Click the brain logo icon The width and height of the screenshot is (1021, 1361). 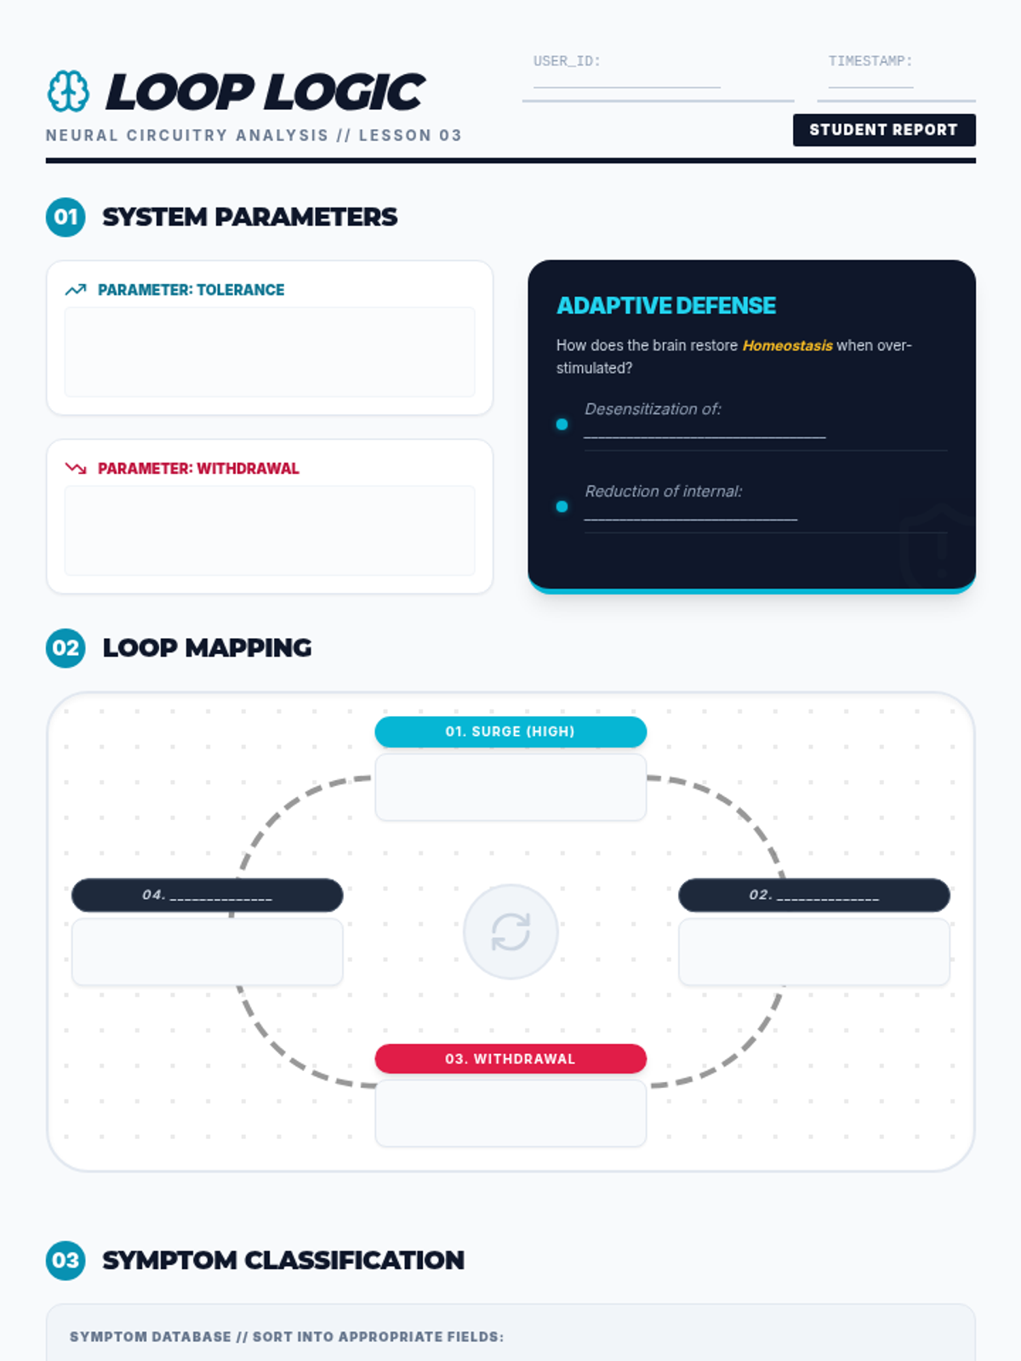pyautogui.click(x=68, y=91)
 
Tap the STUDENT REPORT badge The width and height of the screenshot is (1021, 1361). pyautogui.click(x=884, y=130)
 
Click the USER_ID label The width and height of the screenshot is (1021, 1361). pyautogui.click(x=567, y=61)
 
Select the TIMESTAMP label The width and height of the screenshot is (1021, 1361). pyautogui.click(x=870, y=61)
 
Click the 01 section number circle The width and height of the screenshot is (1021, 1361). pyautogui.click(x=66, y=217)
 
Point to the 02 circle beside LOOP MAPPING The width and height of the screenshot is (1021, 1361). pyautogui.click(x=66, y=648)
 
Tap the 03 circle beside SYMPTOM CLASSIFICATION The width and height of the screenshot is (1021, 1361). pyautogui.click(x=66, y=1260)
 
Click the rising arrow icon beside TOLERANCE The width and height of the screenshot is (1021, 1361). pyautogui.click(x=76, y=290)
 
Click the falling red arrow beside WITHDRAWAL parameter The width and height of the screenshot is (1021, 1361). pyautogui.click(x=76, y=469)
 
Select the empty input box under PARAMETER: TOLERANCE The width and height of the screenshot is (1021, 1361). pyautogui.click(x=270, y=352)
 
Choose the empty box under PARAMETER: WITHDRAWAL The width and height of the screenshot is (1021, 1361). pyautogui.click(x=270, y=531)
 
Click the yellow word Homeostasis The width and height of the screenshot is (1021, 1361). pyautogui.click(x=787, y=345)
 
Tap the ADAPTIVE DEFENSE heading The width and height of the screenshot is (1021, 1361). pyautogui.click(x=666, y=305)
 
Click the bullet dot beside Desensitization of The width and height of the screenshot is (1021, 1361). pyautogui.click(x=562, y=424)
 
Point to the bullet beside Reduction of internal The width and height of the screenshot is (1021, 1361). pyautogui.click(x=562, y=507)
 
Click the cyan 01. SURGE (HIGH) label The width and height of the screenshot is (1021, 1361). pyautogui.click(x=510, y=732)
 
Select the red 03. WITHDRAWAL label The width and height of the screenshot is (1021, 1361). pyautogui.click(x=510, y=1059)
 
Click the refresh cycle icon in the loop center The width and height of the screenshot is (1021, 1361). pyautogui.click(x=510, y=931)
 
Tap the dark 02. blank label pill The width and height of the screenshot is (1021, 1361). pyautogui.click(x=814, y=895)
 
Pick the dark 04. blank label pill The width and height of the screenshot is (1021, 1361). pyautogui.click(x=208, y=895)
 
